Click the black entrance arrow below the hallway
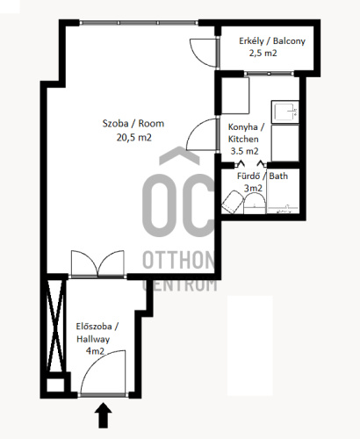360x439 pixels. (103, 415)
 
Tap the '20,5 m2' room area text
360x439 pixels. (134, 137)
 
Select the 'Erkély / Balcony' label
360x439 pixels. (272, 41)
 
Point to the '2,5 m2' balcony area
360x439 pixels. (263, 54)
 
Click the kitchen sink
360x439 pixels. (285, 112)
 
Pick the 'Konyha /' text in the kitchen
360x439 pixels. (247, 127)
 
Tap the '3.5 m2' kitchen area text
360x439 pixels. (244, 151)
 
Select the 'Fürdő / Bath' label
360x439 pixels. (263, 176)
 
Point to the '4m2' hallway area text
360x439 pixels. (95, 351)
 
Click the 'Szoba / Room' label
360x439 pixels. (133, 124)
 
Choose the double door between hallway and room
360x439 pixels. (97, 263)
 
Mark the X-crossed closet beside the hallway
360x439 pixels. (55, 326)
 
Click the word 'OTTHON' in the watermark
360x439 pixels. (178, 260)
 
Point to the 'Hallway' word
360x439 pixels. (93, 339)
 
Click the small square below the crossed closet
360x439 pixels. (55, 385)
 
